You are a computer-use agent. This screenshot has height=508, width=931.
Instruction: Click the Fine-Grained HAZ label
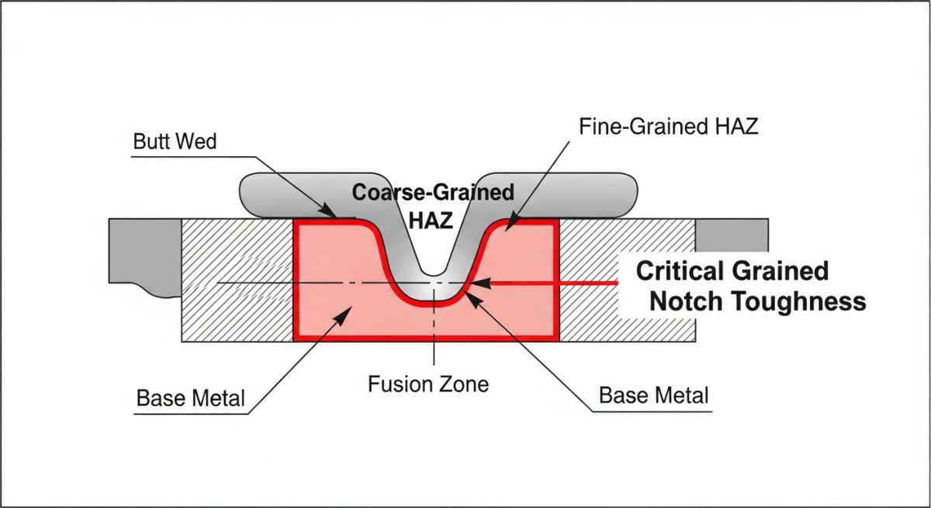click(668, 127)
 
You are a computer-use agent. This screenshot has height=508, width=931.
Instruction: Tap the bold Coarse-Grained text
click(433, 192)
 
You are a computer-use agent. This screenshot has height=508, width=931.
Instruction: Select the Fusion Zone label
click(428, 384)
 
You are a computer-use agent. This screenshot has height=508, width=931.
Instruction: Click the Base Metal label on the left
click(191, 398)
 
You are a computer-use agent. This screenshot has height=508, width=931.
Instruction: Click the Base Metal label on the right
click(654, 395)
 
